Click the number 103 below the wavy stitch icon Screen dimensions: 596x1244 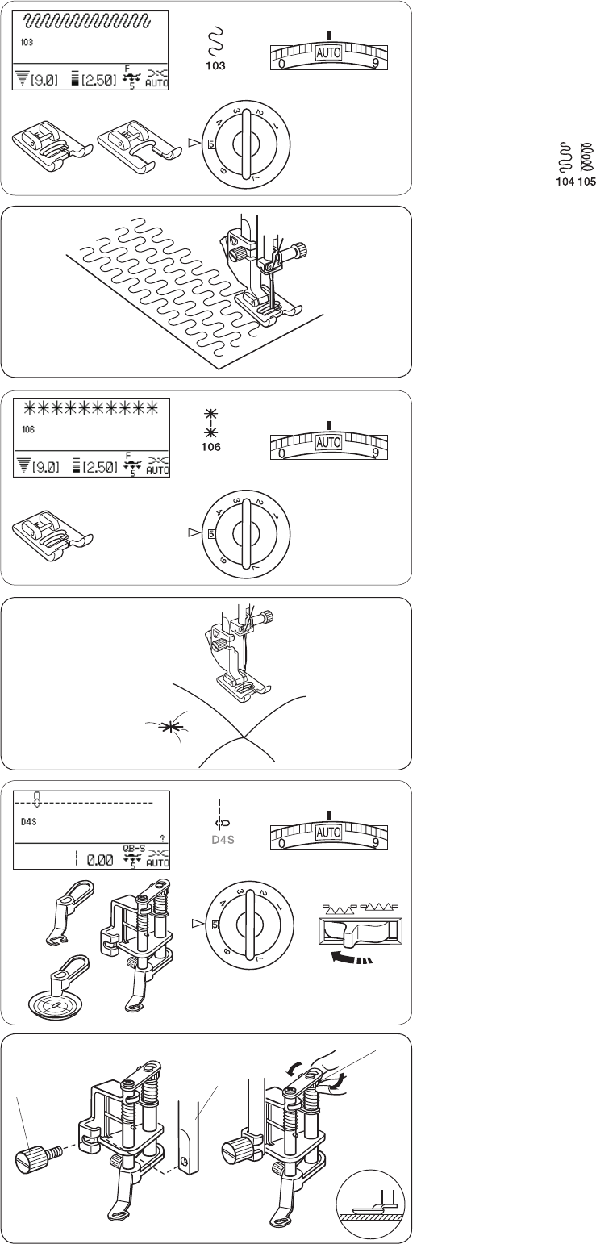[215, 66]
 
